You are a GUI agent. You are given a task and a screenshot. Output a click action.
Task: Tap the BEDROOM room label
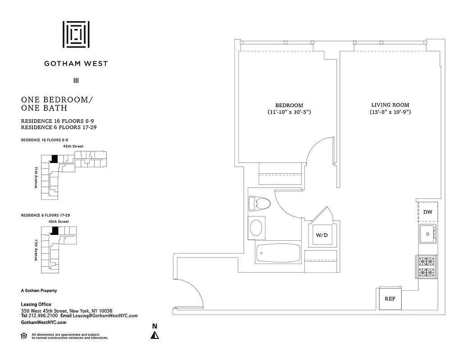point(289,105)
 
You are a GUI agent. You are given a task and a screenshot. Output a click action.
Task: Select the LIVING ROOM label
point(390,105)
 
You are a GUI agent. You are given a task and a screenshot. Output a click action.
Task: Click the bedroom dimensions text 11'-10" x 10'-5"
point(289,112)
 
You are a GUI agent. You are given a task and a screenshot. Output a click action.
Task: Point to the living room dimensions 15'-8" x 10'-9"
point(390,112)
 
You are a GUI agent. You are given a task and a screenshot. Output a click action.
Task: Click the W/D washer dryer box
point(321,234)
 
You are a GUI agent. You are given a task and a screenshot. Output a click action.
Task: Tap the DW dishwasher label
point(428,211)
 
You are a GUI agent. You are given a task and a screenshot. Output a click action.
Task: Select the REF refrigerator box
point(390,298)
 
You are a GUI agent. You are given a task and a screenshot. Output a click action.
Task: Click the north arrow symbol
point(154,335)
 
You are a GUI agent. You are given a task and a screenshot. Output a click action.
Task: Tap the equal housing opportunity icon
point(24,335)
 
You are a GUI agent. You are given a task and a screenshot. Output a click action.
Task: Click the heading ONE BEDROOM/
point(57,100)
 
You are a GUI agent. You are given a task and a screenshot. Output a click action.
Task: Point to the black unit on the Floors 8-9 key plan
point(54,158)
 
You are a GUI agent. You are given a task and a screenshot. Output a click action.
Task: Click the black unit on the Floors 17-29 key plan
point(55,230)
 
